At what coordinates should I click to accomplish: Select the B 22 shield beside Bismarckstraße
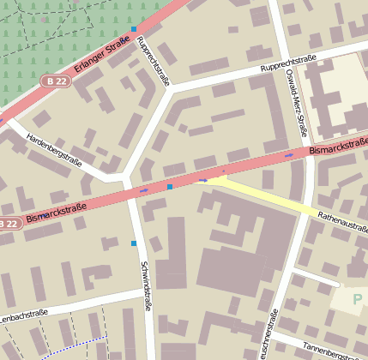point(9,224)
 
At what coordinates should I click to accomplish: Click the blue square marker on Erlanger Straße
point(134,29)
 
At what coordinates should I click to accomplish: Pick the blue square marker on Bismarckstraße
point(170,186)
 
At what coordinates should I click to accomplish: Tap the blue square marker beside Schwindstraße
point(134,243)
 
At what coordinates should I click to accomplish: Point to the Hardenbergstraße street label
point(54,149)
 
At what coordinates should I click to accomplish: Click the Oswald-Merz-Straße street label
point(296,102)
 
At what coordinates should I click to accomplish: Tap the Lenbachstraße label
point(23,315)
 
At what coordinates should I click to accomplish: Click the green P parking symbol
point(357,301)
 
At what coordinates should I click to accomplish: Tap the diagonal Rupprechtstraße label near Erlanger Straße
point(154,62)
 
